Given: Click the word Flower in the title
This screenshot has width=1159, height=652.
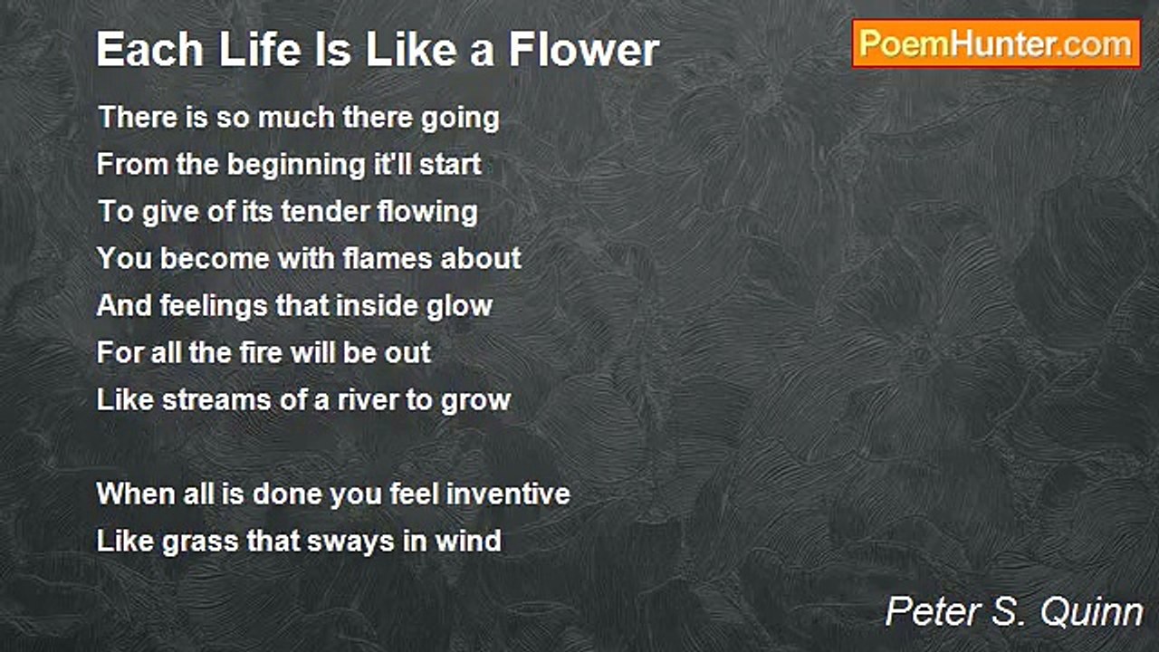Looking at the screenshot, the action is (x=584, y=50).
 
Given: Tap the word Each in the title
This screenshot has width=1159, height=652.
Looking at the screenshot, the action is (x=150, y=50).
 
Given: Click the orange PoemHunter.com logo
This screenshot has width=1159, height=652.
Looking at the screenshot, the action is (x=996, y=44).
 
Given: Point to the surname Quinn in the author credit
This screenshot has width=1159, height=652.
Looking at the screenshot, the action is (x=1092, y=612).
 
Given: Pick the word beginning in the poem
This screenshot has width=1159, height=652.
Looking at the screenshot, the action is (x=296, y=166).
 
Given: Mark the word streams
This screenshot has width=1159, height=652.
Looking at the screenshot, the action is (x=216, y=400).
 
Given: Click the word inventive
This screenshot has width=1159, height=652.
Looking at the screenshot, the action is (x=508, y=494).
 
